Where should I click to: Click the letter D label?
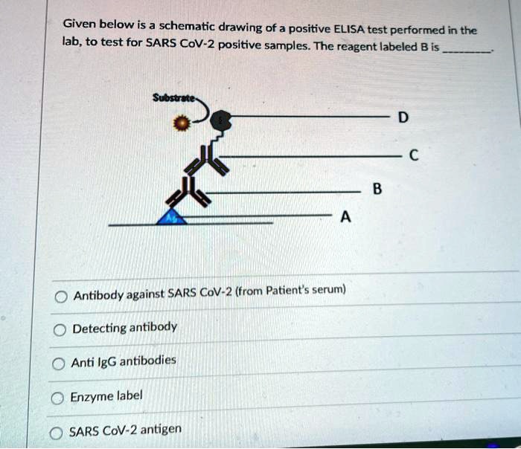click(403, 118)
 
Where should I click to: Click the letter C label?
click(414, 156)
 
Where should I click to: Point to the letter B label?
click(377, 191)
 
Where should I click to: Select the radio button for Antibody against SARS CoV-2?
click(61, 296)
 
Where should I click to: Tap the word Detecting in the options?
click(100, 328)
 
